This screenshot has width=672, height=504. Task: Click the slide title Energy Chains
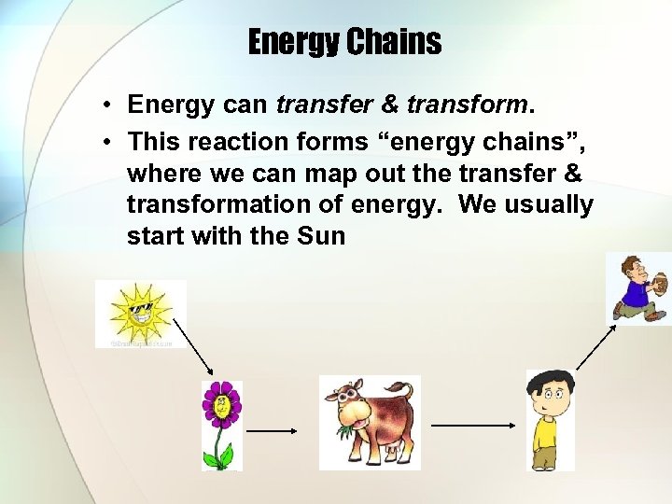[x=344, y=41]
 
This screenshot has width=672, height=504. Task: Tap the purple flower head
[x=221, y=403]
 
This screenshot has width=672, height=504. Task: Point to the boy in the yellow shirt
[x=548, y=420]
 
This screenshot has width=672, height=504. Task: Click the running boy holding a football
[x=639, y=288]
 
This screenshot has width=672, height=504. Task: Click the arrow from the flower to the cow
[x=272, y=431]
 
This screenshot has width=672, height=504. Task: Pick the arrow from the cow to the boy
[x=472, y=424]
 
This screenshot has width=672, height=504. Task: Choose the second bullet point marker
[x=109, y=141]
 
